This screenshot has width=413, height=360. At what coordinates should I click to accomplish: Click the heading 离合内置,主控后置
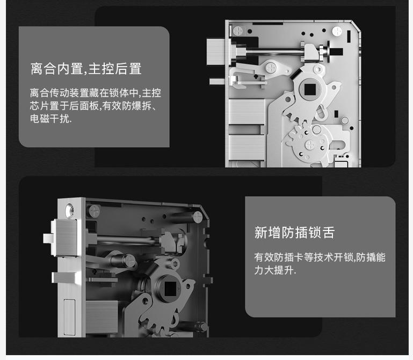(86, 69)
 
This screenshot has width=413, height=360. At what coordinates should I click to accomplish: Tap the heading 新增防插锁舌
(294, 233)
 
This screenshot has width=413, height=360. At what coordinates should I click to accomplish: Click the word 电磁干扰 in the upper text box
(50, 119)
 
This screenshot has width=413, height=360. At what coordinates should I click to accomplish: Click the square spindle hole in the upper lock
(310, 89)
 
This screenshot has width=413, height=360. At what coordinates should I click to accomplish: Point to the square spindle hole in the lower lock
(170, 289)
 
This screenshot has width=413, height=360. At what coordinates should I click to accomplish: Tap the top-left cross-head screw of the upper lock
(237, 30)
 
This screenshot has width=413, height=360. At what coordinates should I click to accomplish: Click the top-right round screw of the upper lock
(337, 31)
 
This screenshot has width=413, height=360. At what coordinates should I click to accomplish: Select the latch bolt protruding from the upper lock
(215, 52)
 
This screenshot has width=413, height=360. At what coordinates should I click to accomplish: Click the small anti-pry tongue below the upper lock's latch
(217, 82)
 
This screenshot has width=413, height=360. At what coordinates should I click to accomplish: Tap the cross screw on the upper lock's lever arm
(271, 68)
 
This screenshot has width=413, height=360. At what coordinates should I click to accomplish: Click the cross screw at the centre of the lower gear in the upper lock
(310, 144)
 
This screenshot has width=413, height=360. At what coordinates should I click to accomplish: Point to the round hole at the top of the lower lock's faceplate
(70, 210)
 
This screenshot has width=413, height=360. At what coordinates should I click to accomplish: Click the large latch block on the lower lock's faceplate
(65, 237)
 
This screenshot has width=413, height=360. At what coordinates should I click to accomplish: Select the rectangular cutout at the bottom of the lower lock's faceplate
(69, 318)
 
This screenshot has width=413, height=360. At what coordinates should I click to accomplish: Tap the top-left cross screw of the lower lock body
(94, 211)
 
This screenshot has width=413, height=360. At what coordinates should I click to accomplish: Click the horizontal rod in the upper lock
(273, 52)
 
